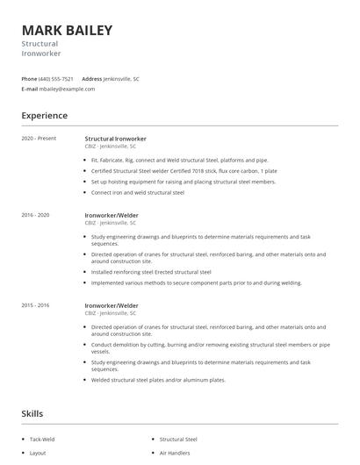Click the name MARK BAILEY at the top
68,31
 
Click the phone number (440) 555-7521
56,79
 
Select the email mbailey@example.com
67,89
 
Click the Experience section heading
45,115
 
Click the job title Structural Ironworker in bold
115,139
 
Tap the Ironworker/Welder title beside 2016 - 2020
112,214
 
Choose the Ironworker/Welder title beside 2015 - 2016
112,305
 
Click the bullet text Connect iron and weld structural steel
138,192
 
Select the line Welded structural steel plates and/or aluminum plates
158,380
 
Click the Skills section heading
32,413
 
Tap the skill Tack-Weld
43,438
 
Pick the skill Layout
38,453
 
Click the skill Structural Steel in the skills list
178,438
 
